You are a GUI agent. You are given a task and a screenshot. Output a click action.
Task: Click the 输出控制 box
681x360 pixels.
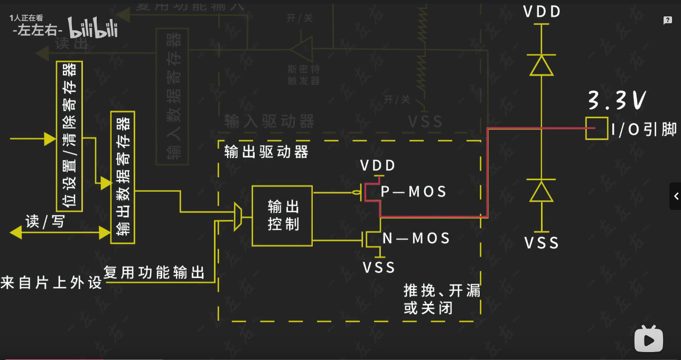point(282,216)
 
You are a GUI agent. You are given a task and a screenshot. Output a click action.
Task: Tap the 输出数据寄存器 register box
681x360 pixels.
point(123,178)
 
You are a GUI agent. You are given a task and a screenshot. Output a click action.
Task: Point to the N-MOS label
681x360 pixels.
point(416,238)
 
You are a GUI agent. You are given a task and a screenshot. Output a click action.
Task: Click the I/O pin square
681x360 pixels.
point(596,128)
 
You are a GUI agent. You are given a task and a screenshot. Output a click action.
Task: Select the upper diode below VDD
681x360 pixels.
point(542,66)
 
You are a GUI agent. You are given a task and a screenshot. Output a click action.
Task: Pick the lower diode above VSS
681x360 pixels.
point(542,191)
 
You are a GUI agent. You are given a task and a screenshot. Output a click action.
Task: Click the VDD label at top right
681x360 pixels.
point(542,12)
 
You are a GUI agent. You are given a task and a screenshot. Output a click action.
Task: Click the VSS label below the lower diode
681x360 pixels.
point(542,243)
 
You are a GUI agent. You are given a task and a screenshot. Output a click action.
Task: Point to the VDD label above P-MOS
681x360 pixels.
point(378,166)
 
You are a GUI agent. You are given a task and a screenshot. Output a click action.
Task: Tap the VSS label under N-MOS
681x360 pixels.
point(379,267)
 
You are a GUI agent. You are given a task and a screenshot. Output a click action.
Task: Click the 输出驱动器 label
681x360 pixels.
point(266,153)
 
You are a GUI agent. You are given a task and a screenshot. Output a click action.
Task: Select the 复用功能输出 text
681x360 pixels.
point(154,273)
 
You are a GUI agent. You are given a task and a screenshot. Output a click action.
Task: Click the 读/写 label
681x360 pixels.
point(45,222)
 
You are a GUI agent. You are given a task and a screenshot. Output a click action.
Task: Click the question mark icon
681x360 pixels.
point(668,21)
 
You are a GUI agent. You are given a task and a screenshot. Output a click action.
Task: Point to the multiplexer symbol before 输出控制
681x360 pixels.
point(238,217)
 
